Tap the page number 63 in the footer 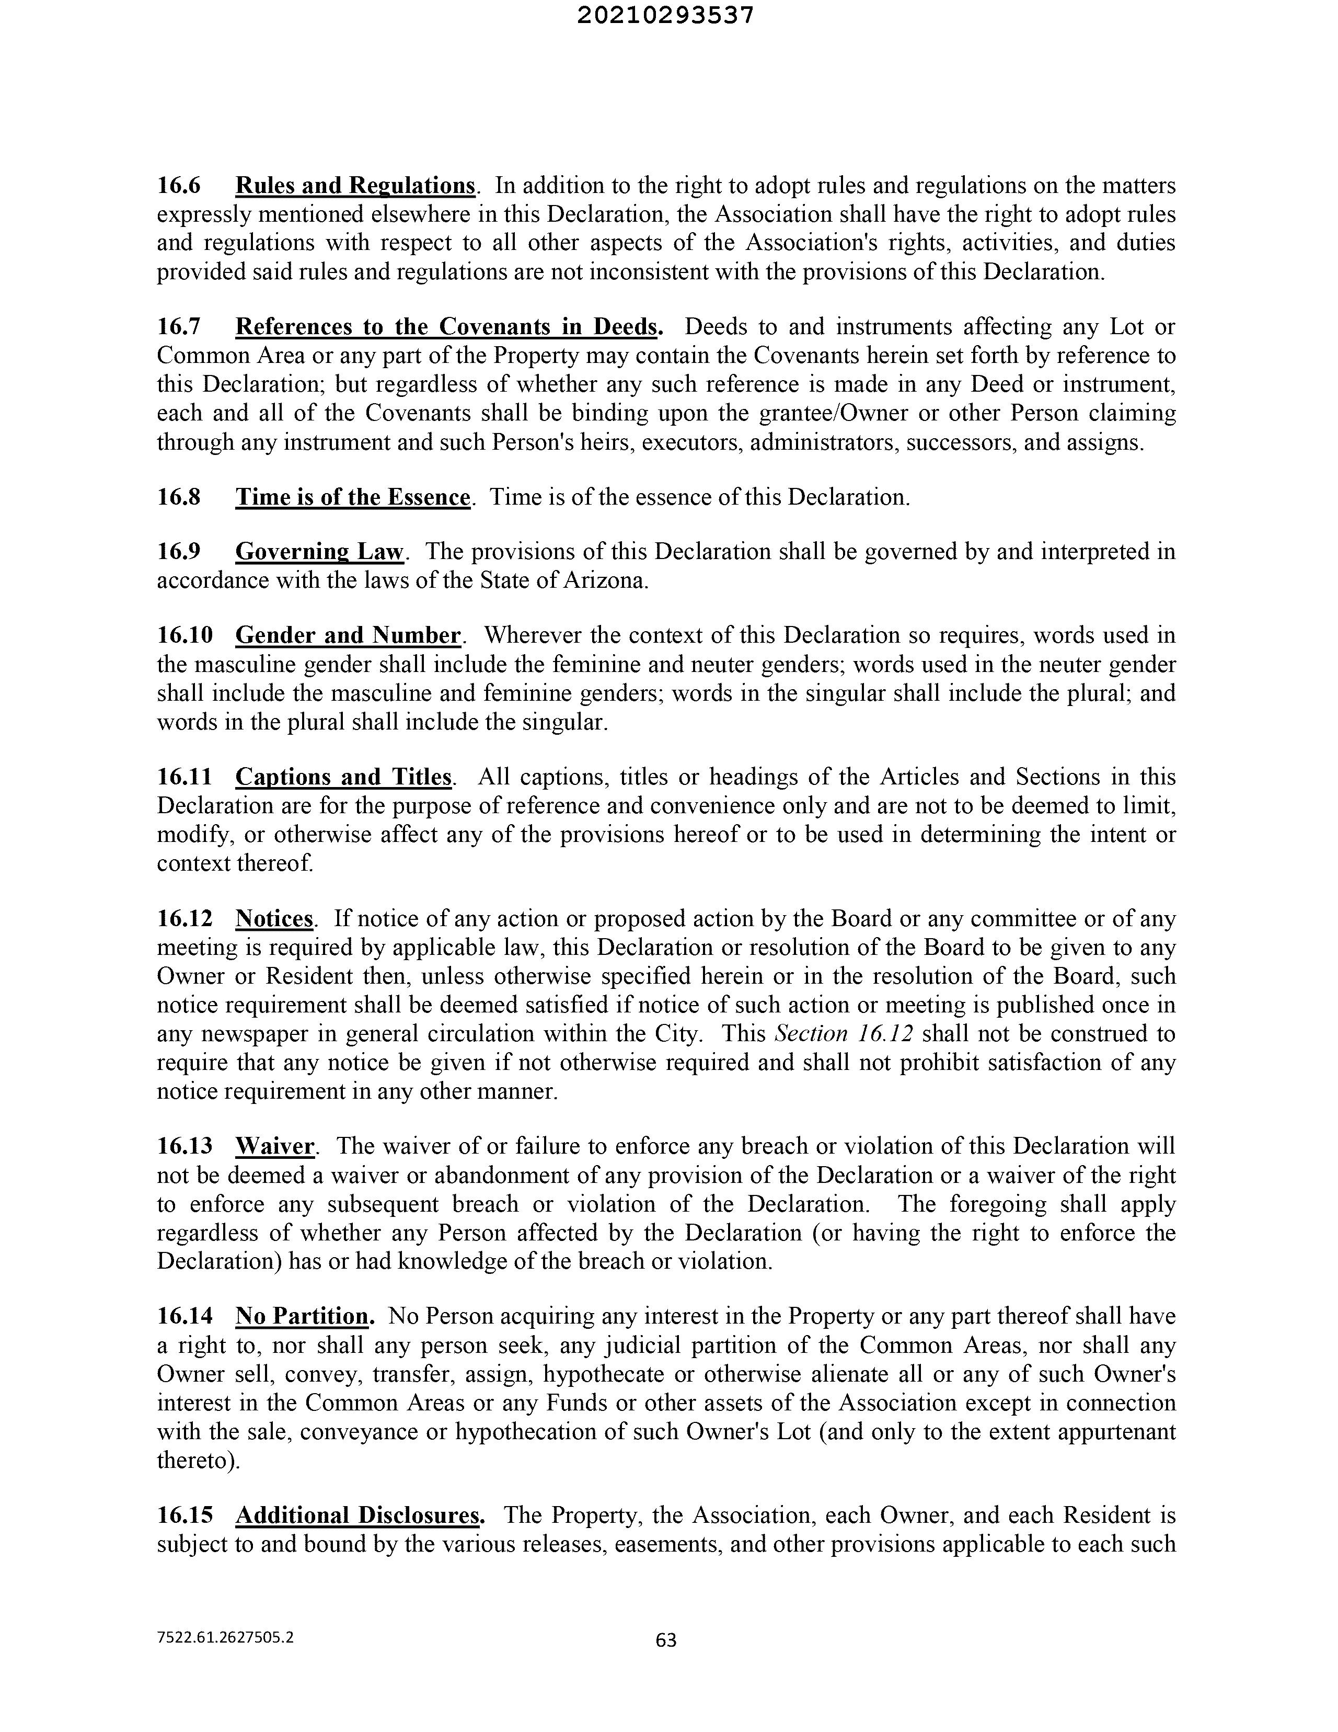click(x=666, y=1639)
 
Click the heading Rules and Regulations click(x=355, y=186)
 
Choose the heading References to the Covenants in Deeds click(x=448, y=327)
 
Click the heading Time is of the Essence click(x=353, y=497)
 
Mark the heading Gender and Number click(x=349, y=635)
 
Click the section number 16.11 click(x=184, y=777)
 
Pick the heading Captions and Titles click(x=344, y=777)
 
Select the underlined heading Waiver click(x=275, y=1147)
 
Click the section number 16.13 click(x=184, y=1147)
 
